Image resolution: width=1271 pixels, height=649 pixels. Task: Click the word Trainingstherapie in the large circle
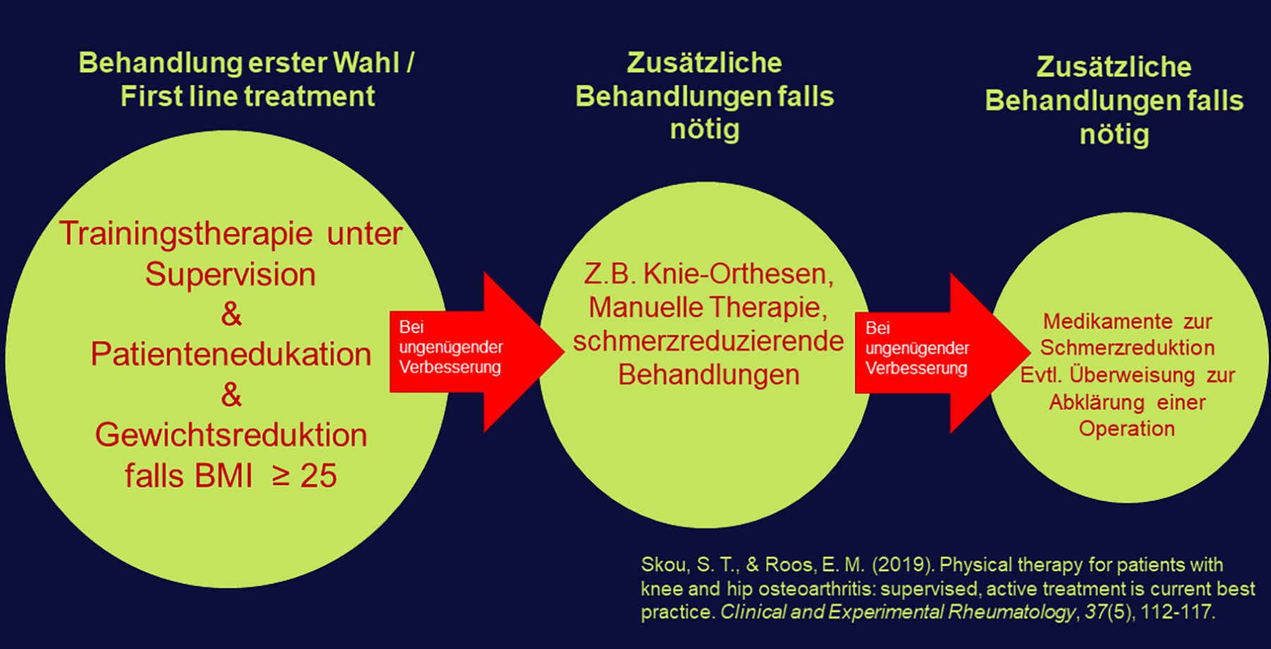[186, 234]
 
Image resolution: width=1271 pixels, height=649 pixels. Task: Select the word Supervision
[230, 275]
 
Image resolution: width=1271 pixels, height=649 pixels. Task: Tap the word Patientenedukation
[230, 355]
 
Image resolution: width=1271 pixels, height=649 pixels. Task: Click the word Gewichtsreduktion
[231, 435]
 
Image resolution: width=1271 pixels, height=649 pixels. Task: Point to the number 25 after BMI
[318, 476]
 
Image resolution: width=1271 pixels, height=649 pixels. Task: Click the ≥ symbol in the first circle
[281, 476]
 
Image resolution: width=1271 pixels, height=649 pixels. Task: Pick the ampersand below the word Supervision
[231, 314]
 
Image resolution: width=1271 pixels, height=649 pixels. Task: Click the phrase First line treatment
[247, 96]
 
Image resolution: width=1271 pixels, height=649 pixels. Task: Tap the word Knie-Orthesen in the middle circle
[738, 274]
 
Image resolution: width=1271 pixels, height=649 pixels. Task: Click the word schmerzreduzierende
[708, 341]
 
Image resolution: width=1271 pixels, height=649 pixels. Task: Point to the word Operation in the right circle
[1126, 429]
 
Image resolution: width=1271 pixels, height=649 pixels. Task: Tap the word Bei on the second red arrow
[878, 328]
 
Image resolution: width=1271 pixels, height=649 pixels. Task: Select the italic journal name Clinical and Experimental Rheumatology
[897, 612]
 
